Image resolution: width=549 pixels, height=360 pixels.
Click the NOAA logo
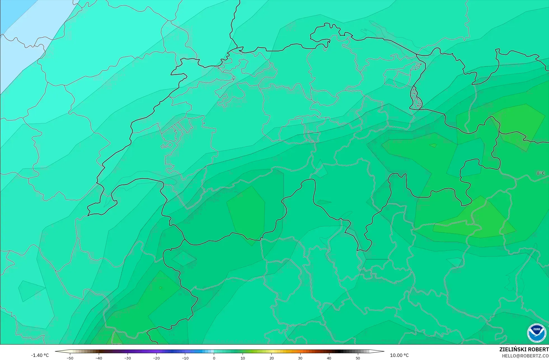(536, 333)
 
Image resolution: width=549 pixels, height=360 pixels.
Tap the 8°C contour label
(541, 173)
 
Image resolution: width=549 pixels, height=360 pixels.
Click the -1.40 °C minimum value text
(40, 355)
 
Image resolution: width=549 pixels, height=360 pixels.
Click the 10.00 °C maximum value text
(399, 355)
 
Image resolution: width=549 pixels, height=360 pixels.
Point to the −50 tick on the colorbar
(70, 358)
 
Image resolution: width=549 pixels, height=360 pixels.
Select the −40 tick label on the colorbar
(99, 358)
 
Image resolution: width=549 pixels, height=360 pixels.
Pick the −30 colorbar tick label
(128, 358)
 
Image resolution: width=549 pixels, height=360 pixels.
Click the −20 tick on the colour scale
(156, 358)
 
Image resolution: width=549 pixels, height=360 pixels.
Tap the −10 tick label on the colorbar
(185, 358)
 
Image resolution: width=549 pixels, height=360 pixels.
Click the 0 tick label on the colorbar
(214, 358)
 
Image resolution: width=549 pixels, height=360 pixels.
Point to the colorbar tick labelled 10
(243, 358)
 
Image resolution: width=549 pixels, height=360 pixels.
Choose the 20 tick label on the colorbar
(271, 358)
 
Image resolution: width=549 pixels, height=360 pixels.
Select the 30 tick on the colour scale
(300, 358)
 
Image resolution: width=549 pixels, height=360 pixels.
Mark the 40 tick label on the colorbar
(329, 358)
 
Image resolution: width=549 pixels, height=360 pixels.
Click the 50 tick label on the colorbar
(358, 358)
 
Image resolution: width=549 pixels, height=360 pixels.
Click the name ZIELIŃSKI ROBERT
(524, 349)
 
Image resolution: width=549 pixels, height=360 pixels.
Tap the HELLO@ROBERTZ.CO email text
(525, 356)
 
